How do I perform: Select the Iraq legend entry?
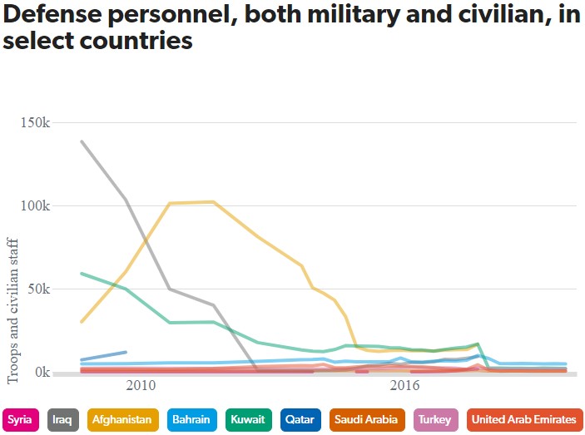(x=64, y=420)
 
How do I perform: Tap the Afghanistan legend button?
(x=121, y=420)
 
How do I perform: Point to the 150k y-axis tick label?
(x=36, y=122)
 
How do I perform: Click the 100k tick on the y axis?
(x=36, y=205)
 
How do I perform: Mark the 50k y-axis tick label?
(x=39, y=289)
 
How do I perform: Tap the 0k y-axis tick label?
(x=42, y=372)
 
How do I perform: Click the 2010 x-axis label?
(x=141, y=387)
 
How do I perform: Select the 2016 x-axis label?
(x=404, y=387)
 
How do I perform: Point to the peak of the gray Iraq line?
(x=82, y=141)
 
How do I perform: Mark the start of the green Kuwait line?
(x=82, y=273)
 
